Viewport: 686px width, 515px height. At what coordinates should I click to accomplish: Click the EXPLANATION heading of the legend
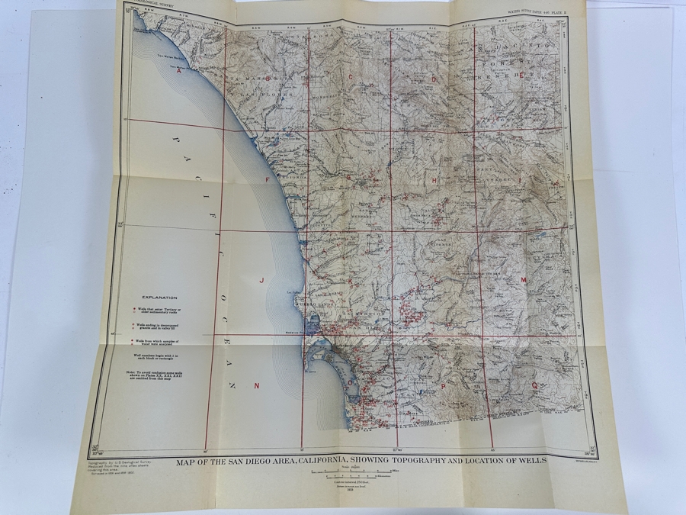[159, 298]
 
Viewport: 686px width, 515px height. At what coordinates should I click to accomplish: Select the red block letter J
[261, 281]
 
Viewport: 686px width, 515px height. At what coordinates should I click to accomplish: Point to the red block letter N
[257, 385]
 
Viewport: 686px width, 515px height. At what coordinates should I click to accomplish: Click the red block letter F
[267, 180]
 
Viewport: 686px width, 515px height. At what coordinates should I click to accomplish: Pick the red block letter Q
[534, 386]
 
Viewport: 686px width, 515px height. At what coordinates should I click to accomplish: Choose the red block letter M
[523, 281]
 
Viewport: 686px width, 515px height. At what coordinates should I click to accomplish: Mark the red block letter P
[442, 387]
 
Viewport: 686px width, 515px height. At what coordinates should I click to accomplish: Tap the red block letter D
[434, 79]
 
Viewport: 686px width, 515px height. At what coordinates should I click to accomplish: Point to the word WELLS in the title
[531, 461]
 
